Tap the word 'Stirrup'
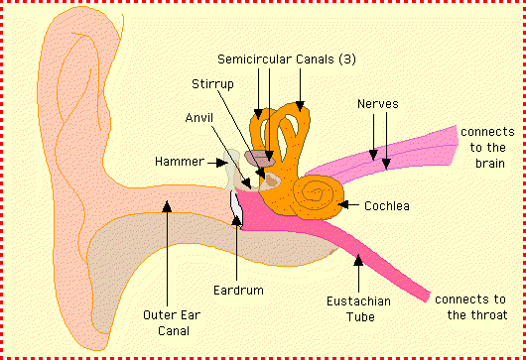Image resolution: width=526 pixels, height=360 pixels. (211, 83)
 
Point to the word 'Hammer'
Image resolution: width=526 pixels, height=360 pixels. (181, 161)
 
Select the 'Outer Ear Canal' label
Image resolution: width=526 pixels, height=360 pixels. (168, 324)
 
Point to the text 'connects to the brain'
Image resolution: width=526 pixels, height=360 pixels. (484, 148)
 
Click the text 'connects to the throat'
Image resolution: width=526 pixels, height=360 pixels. (469, 306)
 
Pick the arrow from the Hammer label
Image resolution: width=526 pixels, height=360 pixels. (220, 162)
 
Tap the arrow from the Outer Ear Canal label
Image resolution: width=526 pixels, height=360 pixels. (168, 248)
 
